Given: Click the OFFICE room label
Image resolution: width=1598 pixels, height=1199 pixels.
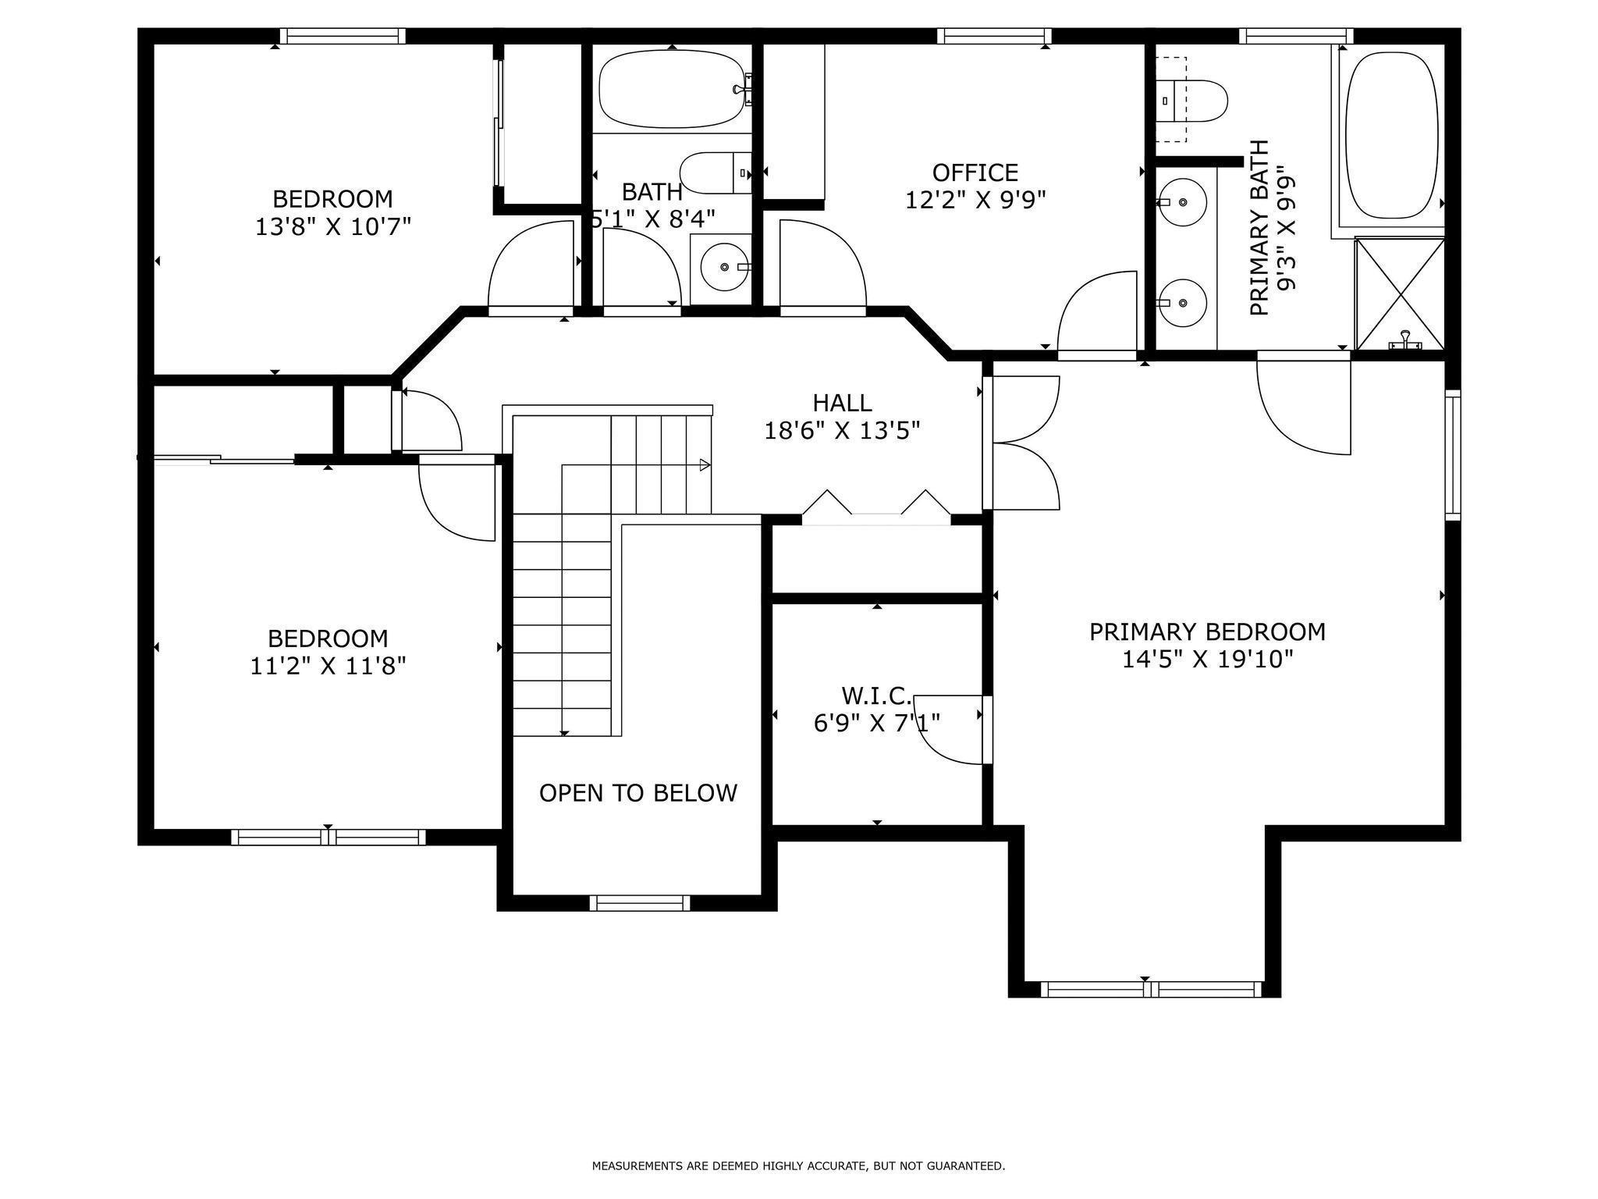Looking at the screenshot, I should point(975,173).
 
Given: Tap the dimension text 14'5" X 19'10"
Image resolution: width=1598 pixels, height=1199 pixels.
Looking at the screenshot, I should point(1207,660).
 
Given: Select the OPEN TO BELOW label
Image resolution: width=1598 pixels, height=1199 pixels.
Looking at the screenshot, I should point(637,793).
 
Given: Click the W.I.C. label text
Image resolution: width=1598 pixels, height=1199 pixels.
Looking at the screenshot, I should point(876,695).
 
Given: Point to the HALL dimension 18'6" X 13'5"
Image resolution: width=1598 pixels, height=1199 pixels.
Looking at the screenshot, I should point(842,431).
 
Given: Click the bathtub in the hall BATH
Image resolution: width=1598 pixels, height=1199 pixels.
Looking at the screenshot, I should point(672,89).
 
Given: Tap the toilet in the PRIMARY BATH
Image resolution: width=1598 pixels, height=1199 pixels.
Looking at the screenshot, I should point(1191,101).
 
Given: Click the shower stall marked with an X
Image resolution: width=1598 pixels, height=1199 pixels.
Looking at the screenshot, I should point(1400,294).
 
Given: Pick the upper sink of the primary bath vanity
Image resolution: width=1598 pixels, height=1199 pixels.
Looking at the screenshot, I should point(1182,202).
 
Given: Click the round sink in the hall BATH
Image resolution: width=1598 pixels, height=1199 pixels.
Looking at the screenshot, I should point(725,267).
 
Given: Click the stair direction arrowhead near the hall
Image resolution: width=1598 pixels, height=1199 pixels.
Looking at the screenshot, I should point(705,465).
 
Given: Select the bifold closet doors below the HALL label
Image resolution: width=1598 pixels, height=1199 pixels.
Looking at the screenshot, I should point(876,506).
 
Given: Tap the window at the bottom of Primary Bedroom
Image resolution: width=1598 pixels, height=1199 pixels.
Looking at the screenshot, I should point(1151,990).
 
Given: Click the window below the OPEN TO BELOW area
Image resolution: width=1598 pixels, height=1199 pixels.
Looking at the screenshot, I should point(640,903).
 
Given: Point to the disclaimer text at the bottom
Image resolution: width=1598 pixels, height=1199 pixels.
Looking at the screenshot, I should point(798,1166).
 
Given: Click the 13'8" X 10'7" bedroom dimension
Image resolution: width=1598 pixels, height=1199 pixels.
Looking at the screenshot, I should point(332,227).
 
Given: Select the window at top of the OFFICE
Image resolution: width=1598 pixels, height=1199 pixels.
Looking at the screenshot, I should point(993,36).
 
